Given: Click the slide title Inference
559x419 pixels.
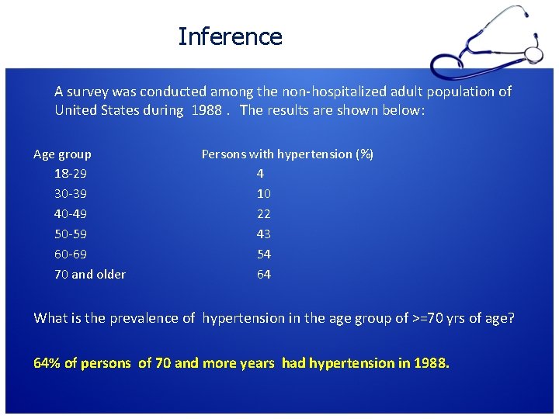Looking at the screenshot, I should [x=230, y=36].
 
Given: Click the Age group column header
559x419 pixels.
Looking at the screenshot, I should [x=62, y=154].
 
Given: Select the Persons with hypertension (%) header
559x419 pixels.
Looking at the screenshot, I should [x=287, y=154].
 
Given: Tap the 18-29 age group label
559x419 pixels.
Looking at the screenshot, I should [x=70, y=174].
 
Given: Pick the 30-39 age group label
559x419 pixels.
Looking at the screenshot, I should [x=70, y=194].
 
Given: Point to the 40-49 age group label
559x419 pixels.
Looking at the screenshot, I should [x=70, y=214].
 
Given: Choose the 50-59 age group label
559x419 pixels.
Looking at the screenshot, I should [x=70, y=234].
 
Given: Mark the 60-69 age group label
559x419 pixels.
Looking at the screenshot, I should [x=70, y=255].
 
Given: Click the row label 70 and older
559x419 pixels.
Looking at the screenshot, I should [x=89, y=275].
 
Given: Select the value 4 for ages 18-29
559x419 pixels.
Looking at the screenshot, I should [x=260, y=174].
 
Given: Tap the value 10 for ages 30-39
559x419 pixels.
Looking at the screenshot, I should [x=264, y=194].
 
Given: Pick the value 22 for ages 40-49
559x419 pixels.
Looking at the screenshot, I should [x=264, y=214].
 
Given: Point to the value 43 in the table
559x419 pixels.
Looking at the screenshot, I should [x=264, y=234].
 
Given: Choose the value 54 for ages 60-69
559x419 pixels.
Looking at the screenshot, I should [x=264, y=255].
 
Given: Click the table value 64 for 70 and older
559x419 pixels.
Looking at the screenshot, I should [x=264, y=275].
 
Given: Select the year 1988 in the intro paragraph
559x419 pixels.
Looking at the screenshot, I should [x=206, y=110].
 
